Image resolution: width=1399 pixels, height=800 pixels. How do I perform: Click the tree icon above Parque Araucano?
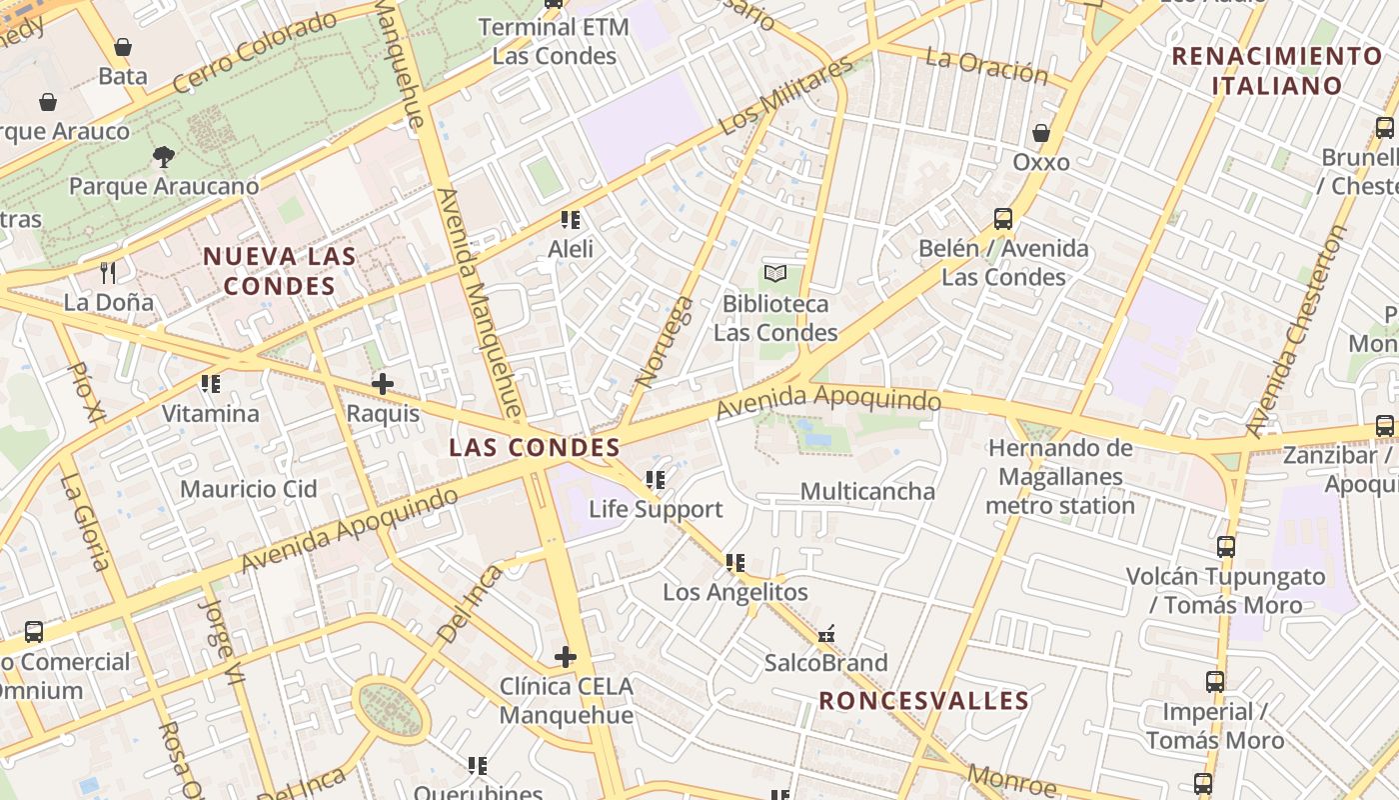(164, 156)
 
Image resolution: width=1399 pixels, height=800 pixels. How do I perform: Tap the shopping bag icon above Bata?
(123, 47)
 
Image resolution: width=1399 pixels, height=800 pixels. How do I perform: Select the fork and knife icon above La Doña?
(109, 272)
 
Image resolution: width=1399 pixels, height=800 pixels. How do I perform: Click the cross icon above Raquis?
(382, 384)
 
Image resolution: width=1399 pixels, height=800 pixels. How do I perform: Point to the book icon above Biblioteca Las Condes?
(775, 273)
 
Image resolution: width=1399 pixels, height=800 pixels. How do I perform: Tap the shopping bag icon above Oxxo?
(1041, 133)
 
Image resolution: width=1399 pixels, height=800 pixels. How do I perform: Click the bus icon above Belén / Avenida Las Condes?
(1003, 219)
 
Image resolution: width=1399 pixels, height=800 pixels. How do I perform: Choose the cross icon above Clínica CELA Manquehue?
(566, 657)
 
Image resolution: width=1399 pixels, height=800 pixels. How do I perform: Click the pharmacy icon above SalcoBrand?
(826, 633)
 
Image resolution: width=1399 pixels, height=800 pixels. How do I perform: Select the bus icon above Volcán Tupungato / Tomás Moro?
(1226, 547)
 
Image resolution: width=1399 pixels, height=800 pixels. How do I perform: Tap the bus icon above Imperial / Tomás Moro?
(1215, 682)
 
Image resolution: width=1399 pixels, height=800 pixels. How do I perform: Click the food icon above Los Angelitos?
(735, 563)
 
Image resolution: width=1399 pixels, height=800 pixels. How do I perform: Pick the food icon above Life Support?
(656, 480)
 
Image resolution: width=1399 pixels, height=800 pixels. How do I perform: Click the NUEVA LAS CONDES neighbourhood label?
(279, 271)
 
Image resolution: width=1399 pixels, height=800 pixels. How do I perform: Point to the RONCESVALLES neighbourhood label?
(924, 701)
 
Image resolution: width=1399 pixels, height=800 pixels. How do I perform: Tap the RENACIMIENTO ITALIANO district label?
(1277, 71)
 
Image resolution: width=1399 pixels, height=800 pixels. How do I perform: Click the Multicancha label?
(867, 491)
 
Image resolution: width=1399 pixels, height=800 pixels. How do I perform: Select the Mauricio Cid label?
(249, 489)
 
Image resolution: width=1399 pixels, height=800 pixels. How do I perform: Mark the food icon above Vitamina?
(211, 384)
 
